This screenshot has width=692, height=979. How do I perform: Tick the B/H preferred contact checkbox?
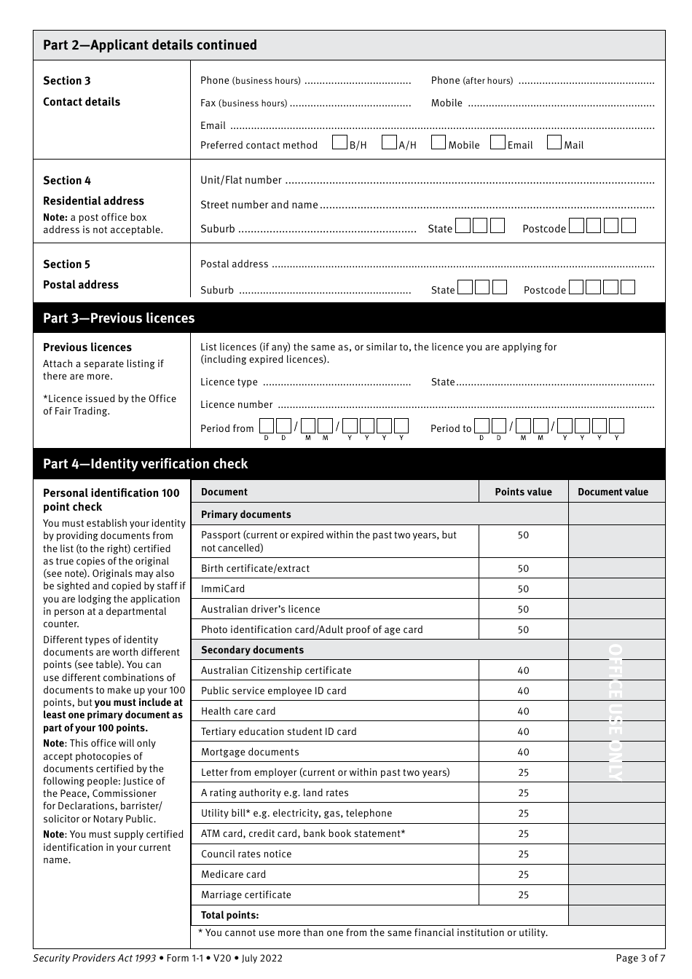pos(339,143)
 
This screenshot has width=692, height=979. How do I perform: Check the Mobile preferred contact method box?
pos(439,143)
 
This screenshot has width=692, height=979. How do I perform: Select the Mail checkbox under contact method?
pos(554,143)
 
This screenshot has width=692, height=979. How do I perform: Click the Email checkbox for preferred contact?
pos(498,143)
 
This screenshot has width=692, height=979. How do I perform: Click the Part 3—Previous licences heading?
pos(119,318)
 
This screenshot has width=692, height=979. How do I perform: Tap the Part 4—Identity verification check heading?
pos(145,464)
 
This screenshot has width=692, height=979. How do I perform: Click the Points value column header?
pos(523,492)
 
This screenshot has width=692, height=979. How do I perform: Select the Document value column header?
pos(613,492)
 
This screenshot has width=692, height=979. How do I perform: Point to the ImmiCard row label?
pos(223,589)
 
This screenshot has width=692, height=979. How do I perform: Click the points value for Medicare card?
pos(523,875)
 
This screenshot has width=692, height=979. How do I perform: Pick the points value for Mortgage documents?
pos(523,752)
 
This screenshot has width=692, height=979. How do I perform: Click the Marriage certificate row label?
pos(246,895)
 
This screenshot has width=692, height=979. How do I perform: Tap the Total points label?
pos(229,916)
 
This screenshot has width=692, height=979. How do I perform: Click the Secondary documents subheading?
pos(252,650)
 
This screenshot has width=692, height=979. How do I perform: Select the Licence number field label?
pos(237,405)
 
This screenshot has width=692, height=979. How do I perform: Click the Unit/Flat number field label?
pos(241,181)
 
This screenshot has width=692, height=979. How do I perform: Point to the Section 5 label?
pos(67,264)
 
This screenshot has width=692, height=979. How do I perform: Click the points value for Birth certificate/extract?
pos(523,569)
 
